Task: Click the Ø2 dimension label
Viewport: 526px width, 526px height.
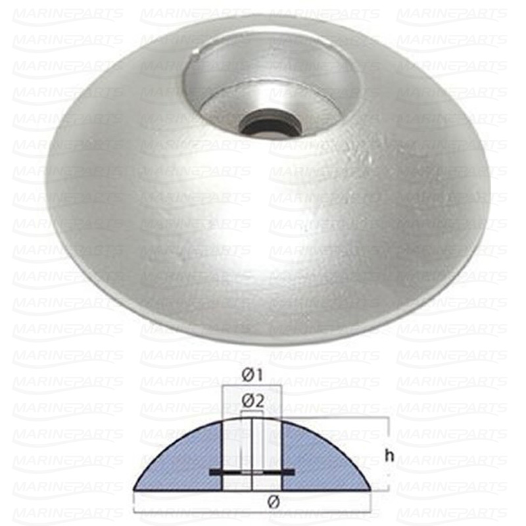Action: click(252, 400)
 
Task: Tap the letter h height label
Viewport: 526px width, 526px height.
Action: click(389, 456)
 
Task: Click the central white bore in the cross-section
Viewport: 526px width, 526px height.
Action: click(252, 447)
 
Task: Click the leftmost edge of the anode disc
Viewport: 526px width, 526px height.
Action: click(46, 197)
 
